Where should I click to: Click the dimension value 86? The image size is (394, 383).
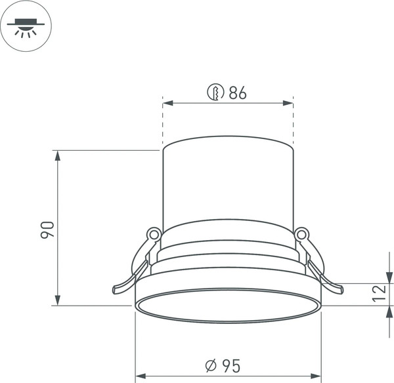(x=238, y=93)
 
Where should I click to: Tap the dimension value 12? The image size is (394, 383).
(x=379, y=294)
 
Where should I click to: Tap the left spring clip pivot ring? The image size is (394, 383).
(x=154, y=233)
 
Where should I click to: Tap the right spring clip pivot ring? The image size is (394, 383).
(x=302, y=233)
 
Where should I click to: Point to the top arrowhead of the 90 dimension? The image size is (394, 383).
(x=58, y=155)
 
